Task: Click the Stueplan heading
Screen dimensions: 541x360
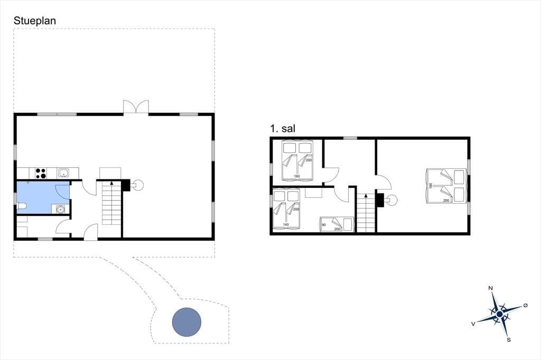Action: click(34, 21)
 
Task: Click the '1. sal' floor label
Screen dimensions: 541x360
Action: click(283, 129)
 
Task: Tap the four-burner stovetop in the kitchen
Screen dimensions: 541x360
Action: click(41, 173)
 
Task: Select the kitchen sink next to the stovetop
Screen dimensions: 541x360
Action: click(63, 173)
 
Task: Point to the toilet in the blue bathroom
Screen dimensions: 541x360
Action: click(22, 206)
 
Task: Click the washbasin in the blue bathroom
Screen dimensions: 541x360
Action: click(61, 209)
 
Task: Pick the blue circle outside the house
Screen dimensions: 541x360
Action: click(186, 322)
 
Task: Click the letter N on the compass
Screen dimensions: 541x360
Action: click(490, 288)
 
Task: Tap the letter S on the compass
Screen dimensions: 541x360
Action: click(509, 339)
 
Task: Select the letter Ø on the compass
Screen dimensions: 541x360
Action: click(526, 305)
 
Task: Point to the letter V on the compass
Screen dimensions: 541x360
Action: click(473, 324)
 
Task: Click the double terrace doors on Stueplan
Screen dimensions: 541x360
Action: click(136, 107)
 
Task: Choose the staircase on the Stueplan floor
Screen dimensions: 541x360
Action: click(111, 203)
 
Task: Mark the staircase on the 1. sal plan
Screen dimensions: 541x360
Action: click(366, 213)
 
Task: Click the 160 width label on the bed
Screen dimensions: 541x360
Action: click(297, 176)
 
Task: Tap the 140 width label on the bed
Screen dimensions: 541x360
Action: click(286, 224)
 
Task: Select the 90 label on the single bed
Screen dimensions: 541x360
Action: click(324, 225)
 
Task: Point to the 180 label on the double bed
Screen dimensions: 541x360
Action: click(430, 185)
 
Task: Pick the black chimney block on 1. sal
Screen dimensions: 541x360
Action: click(380, 200)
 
